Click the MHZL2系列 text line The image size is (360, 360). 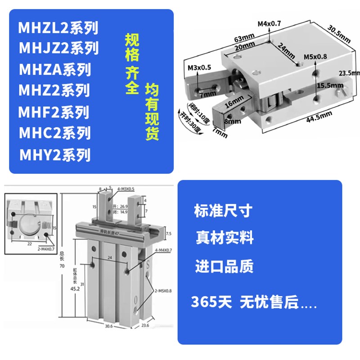[58, 28]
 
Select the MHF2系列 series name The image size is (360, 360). [54, 112]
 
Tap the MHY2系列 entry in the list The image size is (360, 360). [55, 154]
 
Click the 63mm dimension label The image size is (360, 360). [241, 36]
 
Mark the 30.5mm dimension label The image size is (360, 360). [339, 33]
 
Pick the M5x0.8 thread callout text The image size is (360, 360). [315, 57]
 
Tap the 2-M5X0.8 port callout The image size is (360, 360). [162, 291]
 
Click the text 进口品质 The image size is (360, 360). [224, 265]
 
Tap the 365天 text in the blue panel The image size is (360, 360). [211, 302]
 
